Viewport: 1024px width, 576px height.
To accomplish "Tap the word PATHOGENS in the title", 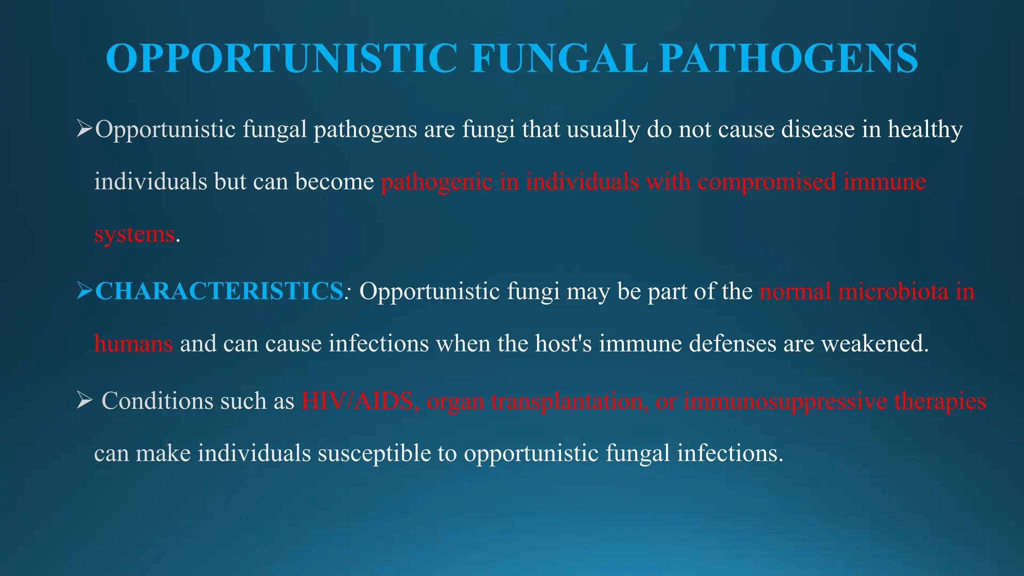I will point(788,58).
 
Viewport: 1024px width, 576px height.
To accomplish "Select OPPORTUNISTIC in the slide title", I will point(281,58).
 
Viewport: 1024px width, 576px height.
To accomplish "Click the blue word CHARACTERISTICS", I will point(218,291).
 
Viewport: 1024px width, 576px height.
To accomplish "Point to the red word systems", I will point(134,234).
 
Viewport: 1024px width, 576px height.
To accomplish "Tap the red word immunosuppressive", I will point(785,401).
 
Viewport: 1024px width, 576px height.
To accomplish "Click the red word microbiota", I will point(893,291).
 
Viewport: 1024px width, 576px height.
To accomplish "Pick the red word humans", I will point(133,343).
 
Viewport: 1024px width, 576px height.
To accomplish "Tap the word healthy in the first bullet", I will point(925,129).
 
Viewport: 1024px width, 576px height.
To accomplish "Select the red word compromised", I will point(766,181).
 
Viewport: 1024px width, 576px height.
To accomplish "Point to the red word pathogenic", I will point(436,181).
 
